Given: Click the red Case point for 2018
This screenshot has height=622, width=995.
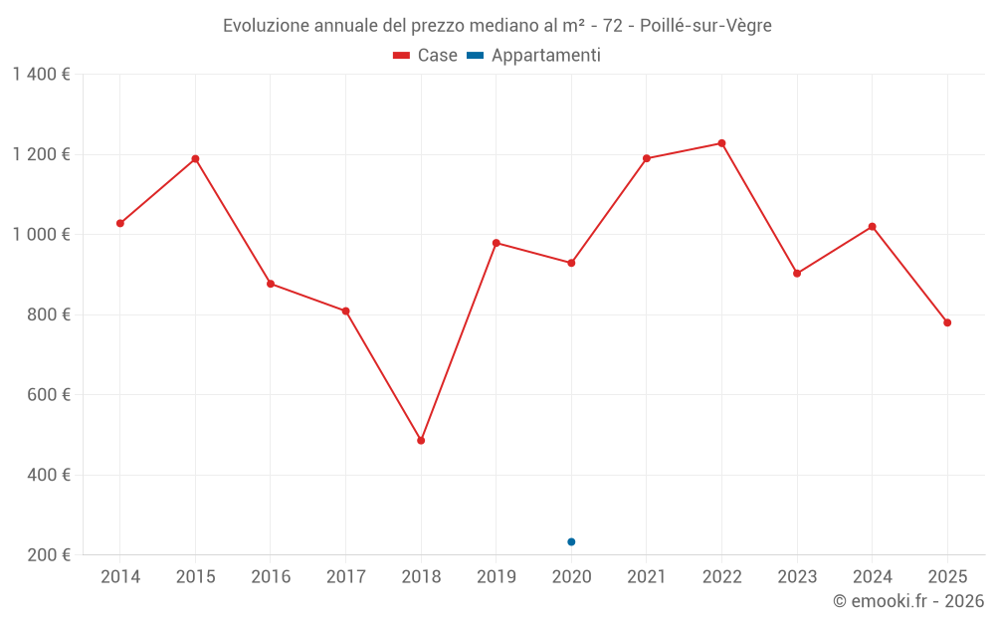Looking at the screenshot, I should tap(421, 440).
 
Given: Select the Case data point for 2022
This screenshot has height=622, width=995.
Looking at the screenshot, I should tap(721, 143).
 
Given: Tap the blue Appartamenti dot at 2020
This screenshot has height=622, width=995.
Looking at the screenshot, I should tap(571, 541).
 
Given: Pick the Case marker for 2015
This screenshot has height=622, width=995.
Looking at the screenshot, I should tap(195, 158).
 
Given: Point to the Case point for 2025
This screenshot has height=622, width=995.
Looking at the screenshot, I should tap(947, 322).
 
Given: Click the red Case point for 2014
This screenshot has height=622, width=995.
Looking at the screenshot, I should tap(120, 223).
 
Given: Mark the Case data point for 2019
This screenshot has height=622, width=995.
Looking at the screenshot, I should tap(497, 243).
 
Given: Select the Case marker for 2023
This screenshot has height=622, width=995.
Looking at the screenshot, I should tap(797, 273).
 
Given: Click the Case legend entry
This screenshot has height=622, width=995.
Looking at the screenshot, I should tap(425, 56).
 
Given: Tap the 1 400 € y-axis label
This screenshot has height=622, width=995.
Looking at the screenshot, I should tap(41, 75).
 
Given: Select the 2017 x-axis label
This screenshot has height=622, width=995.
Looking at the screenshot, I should tap(345, 577).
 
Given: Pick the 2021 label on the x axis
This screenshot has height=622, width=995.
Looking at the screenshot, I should tap(647, 577).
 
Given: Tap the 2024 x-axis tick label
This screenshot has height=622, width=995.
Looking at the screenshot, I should tap(872, 577).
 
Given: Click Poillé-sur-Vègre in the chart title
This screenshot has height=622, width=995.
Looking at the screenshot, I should tap(705, 26).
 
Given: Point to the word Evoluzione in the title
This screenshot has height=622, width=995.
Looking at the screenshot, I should tap(263, 26).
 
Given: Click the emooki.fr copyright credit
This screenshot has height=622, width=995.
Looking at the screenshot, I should tap(908, 601).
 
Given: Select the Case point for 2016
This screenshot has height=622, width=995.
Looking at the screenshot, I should tap(271, 284).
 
